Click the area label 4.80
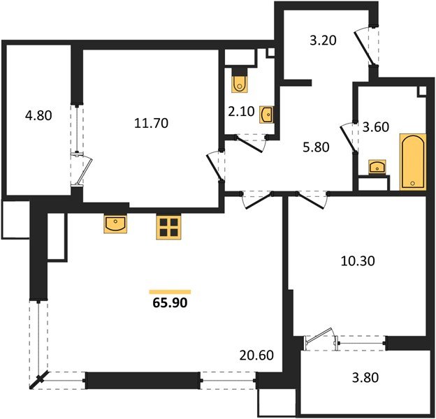coord(38,116)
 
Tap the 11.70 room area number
coord(151,123)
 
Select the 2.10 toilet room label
coord(241,112)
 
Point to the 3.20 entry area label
coord(323,41)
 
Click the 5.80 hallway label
coord(316,147)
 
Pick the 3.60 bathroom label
coord(376,127)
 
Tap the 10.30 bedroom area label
coord(358,261)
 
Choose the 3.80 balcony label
coord(365,378)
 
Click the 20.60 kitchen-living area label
coord(256,355)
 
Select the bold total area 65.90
coord(170,303)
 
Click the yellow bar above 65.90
coord(170,292)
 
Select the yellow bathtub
coord(413,162)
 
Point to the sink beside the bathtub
coord(377,167)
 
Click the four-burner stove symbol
coord(168,227)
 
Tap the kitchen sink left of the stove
coord(115,223)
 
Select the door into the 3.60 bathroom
coord(348,138)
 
